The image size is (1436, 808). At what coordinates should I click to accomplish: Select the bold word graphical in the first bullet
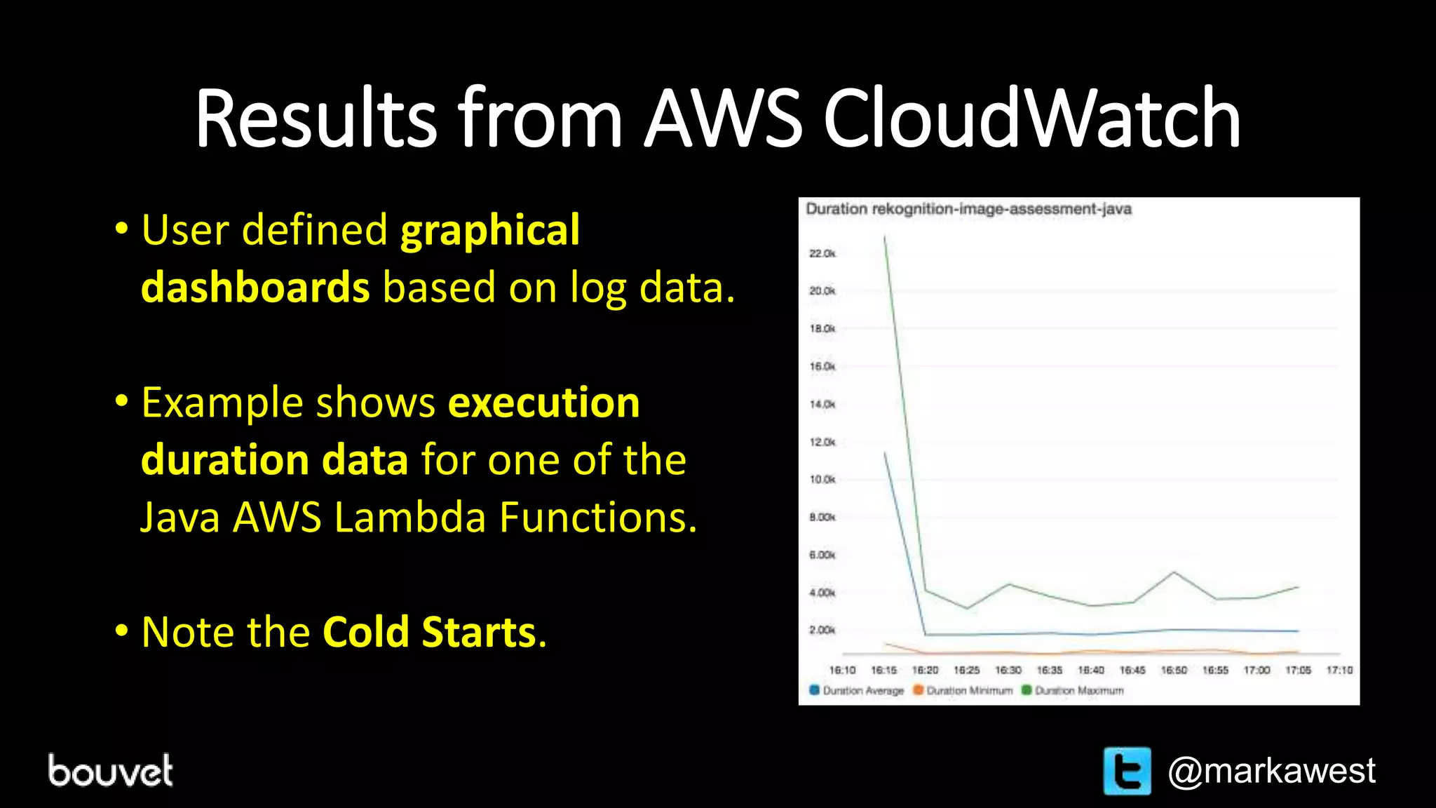489,230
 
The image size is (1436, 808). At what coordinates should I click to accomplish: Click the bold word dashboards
255,288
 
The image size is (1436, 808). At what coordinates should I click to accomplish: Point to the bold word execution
543,403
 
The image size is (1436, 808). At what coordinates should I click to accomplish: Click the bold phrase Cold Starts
429,632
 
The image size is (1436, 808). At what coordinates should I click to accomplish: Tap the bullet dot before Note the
121,631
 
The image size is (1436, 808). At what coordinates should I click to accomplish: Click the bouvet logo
110,770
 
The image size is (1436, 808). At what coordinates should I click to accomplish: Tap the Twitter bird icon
1127,771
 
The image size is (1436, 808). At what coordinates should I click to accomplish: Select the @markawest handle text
1271,771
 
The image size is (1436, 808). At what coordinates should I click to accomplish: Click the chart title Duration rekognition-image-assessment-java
968,209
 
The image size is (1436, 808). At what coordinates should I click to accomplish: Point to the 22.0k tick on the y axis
822,253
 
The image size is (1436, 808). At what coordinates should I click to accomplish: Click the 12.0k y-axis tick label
822,442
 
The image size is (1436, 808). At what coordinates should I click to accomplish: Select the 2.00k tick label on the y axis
822,630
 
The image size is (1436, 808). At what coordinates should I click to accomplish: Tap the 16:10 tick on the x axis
842,671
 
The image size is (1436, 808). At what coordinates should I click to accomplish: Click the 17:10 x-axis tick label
1339,671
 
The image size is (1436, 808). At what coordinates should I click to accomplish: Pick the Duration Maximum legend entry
1073,691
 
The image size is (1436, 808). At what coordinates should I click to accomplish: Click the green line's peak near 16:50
1174,572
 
